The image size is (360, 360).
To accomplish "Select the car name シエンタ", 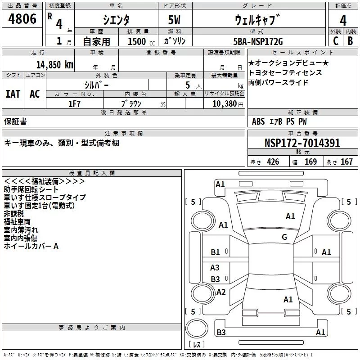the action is (116, 20).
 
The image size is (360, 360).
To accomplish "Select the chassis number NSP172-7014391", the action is (302, 144).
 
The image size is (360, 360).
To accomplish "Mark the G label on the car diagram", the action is (284, 237).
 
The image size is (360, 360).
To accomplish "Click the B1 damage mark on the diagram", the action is (216, 252).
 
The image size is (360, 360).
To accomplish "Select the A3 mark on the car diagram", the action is (215, 268).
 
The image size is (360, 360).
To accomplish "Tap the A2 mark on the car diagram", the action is (221, 292).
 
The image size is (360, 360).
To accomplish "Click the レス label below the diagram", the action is (197, 345).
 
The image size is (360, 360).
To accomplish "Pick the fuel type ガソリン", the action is (175, 42).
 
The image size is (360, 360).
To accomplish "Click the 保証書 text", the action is (15, 121).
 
